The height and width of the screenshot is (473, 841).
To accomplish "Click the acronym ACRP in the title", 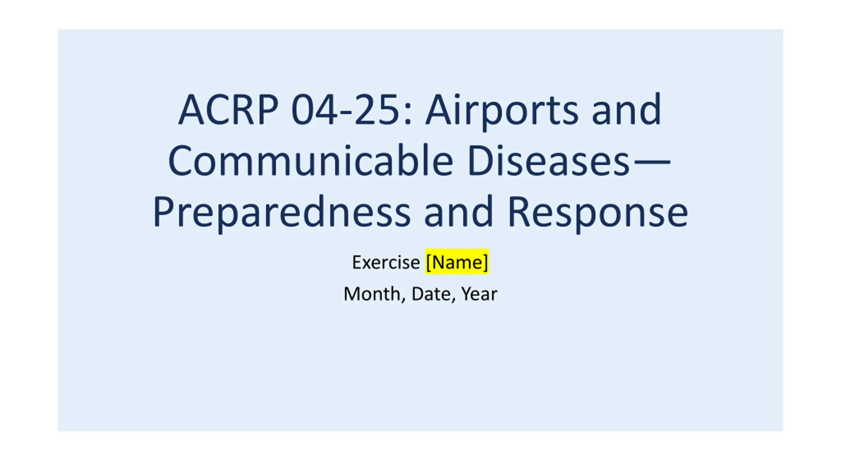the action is click(x=228, y=109).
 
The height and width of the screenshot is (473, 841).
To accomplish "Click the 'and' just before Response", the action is click(x=459, y=211).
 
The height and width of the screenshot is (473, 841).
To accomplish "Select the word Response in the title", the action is click(x=598, y=213).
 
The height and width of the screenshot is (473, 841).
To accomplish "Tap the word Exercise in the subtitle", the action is click(x=386, y=262).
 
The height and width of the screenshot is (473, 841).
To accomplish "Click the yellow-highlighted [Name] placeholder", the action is click(x=457, y=262).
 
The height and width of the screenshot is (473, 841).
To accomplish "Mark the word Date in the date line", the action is click(x=431, y=294).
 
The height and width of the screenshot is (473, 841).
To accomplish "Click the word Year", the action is click(x=479, y=294).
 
